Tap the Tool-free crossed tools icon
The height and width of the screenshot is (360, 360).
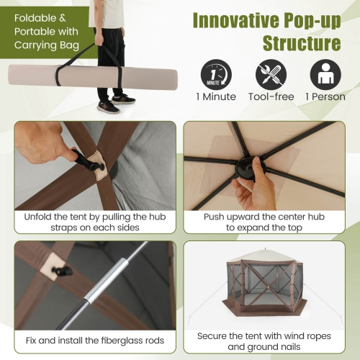click(x=271, y=73)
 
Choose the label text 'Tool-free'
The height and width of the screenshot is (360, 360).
click(x=271, y=96)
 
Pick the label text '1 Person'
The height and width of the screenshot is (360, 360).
click(x=324, y=96)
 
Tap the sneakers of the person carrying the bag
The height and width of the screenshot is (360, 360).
click(x=115, y=102)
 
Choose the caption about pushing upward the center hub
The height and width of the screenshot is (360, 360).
click(x=267, y=221)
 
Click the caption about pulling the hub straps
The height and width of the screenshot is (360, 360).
click(x=94, y=221)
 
